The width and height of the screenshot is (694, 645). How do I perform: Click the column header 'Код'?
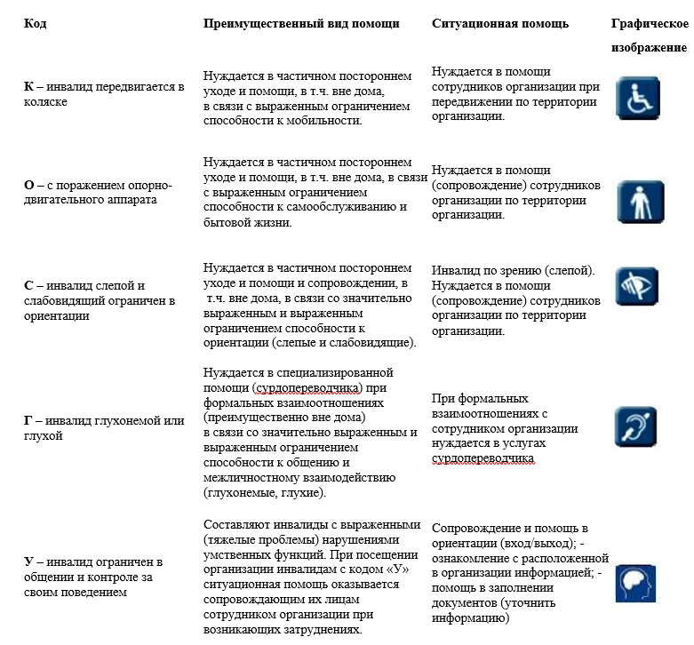[x=36, y=23]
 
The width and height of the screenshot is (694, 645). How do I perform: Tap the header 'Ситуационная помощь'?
[x=499, y=23]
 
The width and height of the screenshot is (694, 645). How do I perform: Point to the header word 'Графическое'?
[x=649, y=23]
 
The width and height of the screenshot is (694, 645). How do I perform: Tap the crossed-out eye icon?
[x=638, y=287]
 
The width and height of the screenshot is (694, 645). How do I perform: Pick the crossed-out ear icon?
[x=638, y=426]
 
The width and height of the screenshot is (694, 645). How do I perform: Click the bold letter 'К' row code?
[x=29, y=87]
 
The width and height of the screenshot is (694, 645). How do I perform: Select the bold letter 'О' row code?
[x=29, y=185]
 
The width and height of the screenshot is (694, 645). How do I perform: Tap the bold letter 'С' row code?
[x=28, y=285]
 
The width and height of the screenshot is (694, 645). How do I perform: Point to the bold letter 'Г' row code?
[x=28, y=420]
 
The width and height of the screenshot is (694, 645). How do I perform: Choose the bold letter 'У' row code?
[x=28, y=561]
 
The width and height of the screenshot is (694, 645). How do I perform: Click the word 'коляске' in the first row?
[x=46, y=102]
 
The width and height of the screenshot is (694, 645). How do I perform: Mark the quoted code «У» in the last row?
[x=396, y=569]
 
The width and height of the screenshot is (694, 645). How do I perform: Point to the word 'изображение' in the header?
[x=649, y=47]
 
